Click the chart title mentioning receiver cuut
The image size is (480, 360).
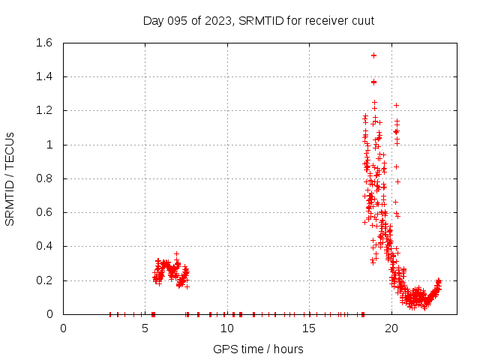[259, 20]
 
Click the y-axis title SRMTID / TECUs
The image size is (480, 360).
[10, 178]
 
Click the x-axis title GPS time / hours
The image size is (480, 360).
[259, 349]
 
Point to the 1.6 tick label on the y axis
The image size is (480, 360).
[43, 43]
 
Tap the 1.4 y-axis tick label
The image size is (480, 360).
[43, 76]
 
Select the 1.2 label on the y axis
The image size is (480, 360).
[43, 110]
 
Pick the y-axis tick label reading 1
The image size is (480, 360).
[49, 145]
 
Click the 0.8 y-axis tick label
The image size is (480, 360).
[43, 178]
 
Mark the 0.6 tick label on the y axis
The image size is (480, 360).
[43, 212]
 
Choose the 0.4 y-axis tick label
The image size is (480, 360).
[43, 246]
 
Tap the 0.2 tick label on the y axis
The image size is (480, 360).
[43, 280]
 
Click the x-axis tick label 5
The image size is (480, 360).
[145, 328]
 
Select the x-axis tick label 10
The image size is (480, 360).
[227, 328]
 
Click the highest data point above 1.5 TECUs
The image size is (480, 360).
[373, 55]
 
